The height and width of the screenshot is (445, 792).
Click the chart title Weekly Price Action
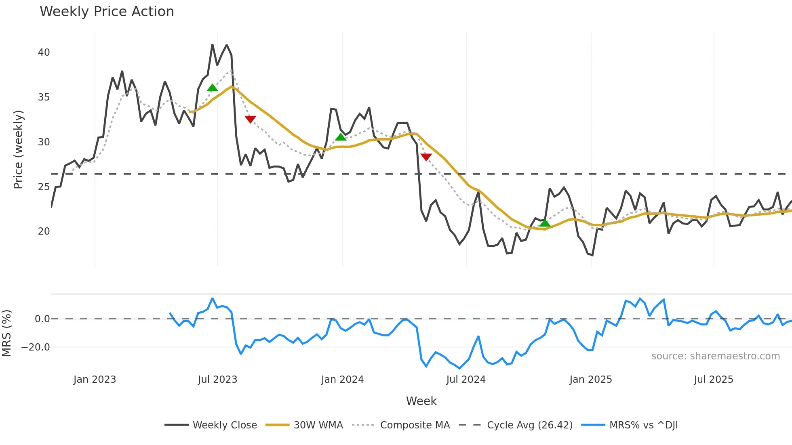pyautogui.click(x=107, y=12)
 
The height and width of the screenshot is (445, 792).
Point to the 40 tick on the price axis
pyautogui.click(x=44, y=52)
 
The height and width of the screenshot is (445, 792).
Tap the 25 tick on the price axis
pyautogui.click(x=44, y=187)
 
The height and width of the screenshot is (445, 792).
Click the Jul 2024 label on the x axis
pyautogui.click(x=466, y=380)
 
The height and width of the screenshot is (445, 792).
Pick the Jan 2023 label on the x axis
pyautogui.click(x=95, y=380)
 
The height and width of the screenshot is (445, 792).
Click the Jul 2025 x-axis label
pyautogui.click(x=714, y=380)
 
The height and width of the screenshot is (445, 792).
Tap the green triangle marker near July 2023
pyautogui.click(x=212, y=88)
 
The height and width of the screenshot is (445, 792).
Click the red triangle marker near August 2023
pyautogui.click(x=251, y=119)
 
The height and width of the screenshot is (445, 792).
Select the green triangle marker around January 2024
pyautogui.click(x=341, y=137)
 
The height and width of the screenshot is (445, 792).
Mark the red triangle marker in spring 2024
pyautogui.click(x=426, y=157)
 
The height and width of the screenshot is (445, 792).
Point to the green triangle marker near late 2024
pyautogui.click(x=545, y=223)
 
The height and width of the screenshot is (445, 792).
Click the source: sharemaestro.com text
pyautogui.click(x=715, y=356)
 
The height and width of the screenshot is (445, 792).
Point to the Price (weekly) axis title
pyautogui.click(x=18, y=149)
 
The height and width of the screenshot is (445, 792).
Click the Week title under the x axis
pyautogui.click(x=421, y=401)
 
